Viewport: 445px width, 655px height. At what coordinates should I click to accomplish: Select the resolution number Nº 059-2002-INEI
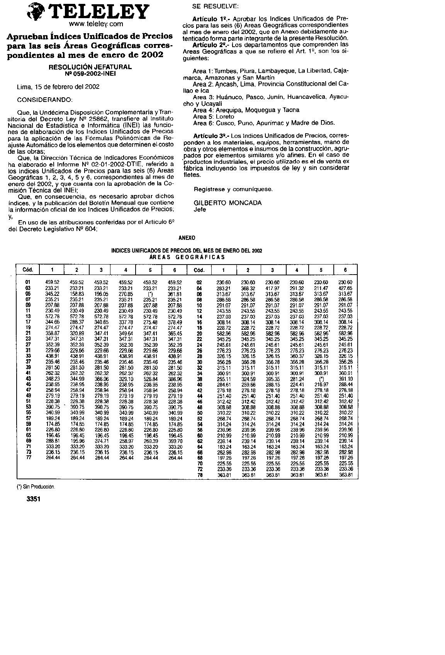(x=90, y=73)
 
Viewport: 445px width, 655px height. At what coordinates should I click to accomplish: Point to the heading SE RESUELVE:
(x=215, y=7)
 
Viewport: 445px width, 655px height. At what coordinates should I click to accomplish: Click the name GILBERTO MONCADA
(x=228, y=203)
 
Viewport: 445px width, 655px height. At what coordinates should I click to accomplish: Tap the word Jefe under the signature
(x=200, y=209)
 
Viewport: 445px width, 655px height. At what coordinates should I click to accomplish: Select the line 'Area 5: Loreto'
(x=213, y=116)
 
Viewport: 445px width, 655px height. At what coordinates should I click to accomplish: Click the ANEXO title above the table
(x=187, y=238)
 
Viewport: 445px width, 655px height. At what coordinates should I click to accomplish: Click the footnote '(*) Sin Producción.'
(x=36, y=487)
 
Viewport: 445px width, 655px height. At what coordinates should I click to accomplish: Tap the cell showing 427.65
(x=345, y=288)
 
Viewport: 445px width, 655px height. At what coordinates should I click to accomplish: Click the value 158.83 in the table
(x=76, y=294)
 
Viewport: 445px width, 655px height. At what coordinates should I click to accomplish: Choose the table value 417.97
(x=272, y=288)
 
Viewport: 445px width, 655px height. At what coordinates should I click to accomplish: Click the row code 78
(x=200, y=475)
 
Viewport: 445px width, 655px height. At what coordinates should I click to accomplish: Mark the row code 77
(x=28, y=458)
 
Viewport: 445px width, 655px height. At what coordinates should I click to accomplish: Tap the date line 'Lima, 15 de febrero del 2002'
(x=58, y=87)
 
